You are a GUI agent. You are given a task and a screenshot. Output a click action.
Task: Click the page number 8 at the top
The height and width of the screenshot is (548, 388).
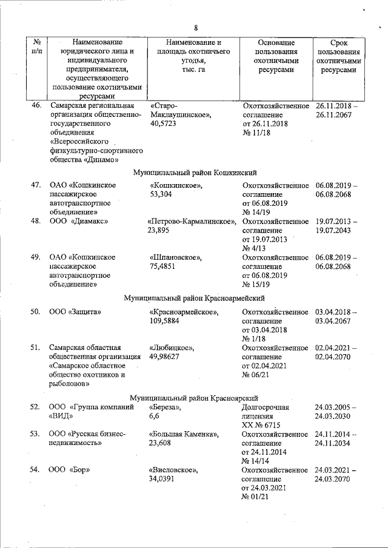point(196,27)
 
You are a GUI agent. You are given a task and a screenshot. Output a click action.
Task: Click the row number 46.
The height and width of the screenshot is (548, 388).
point(36,105)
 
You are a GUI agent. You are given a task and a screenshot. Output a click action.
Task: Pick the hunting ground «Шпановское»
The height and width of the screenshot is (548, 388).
point(176,257)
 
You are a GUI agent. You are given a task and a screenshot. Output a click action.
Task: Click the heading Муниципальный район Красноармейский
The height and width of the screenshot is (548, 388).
point(195,299)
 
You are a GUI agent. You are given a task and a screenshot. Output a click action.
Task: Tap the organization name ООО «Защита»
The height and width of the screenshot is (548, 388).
point(75,312)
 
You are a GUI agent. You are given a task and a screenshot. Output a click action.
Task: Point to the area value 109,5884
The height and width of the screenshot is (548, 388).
point(165,321)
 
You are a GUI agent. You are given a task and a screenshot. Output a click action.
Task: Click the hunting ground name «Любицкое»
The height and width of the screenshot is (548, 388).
point(172,348)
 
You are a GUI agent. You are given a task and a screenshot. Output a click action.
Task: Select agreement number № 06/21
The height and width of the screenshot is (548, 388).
point(256,375)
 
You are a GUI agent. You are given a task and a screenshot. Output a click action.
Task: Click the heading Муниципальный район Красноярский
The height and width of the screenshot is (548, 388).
point(195,398)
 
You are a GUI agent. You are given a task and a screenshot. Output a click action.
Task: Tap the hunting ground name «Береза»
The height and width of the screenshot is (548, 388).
point(166,408)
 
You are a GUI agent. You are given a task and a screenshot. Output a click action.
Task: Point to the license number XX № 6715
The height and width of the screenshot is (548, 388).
point(264,426)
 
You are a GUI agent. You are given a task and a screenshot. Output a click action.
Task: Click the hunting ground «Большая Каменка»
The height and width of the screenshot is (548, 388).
point(184,434)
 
